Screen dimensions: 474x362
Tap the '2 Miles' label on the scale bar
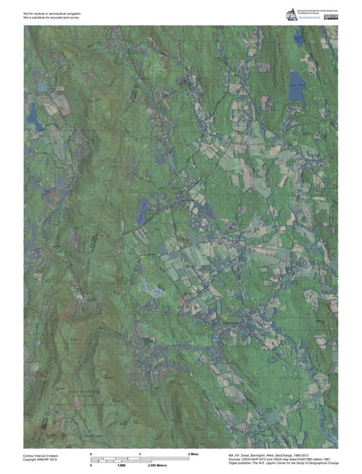pos(192,454)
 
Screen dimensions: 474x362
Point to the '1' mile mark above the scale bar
pos(140,454)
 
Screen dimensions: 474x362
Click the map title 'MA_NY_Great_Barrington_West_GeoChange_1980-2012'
pos(275,454)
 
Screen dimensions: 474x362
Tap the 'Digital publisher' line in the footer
pos(283,463)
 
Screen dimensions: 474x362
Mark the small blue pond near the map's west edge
pos(33,117)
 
